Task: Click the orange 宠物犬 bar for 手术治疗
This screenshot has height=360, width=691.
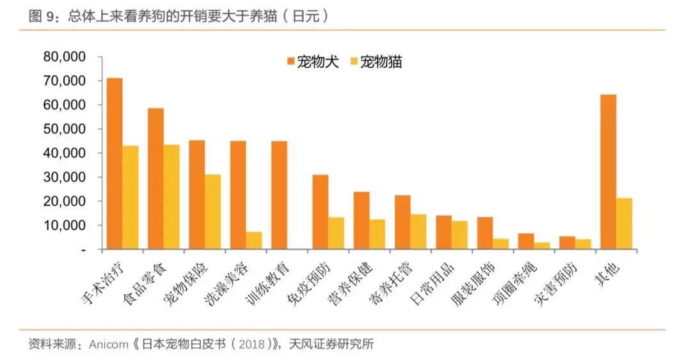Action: [115, 163]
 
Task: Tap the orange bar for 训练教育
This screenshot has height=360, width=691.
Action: [279, 195]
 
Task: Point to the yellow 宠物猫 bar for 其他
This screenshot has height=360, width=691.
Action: [624, 224]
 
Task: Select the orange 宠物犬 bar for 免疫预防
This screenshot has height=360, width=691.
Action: [320, 212]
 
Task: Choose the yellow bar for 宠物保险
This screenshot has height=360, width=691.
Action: [212, 212]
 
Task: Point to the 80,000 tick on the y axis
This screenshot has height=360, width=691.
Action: [64, 57]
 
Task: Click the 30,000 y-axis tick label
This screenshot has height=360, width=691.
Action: [64, 177]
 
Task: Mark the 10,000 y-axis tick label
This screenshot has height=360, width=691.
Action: [64, 225]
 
